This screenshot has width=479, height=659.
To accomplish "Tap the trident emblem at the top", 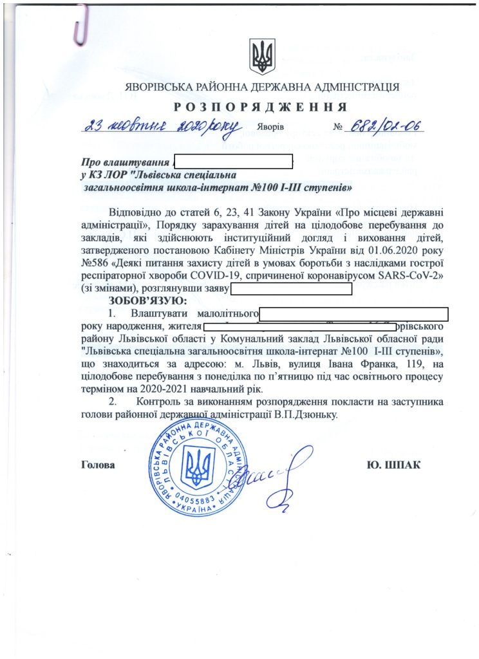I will click(261, 57).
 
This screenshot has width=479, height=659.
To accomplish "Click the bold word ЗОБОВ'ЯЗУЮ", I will click(147, 300).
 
